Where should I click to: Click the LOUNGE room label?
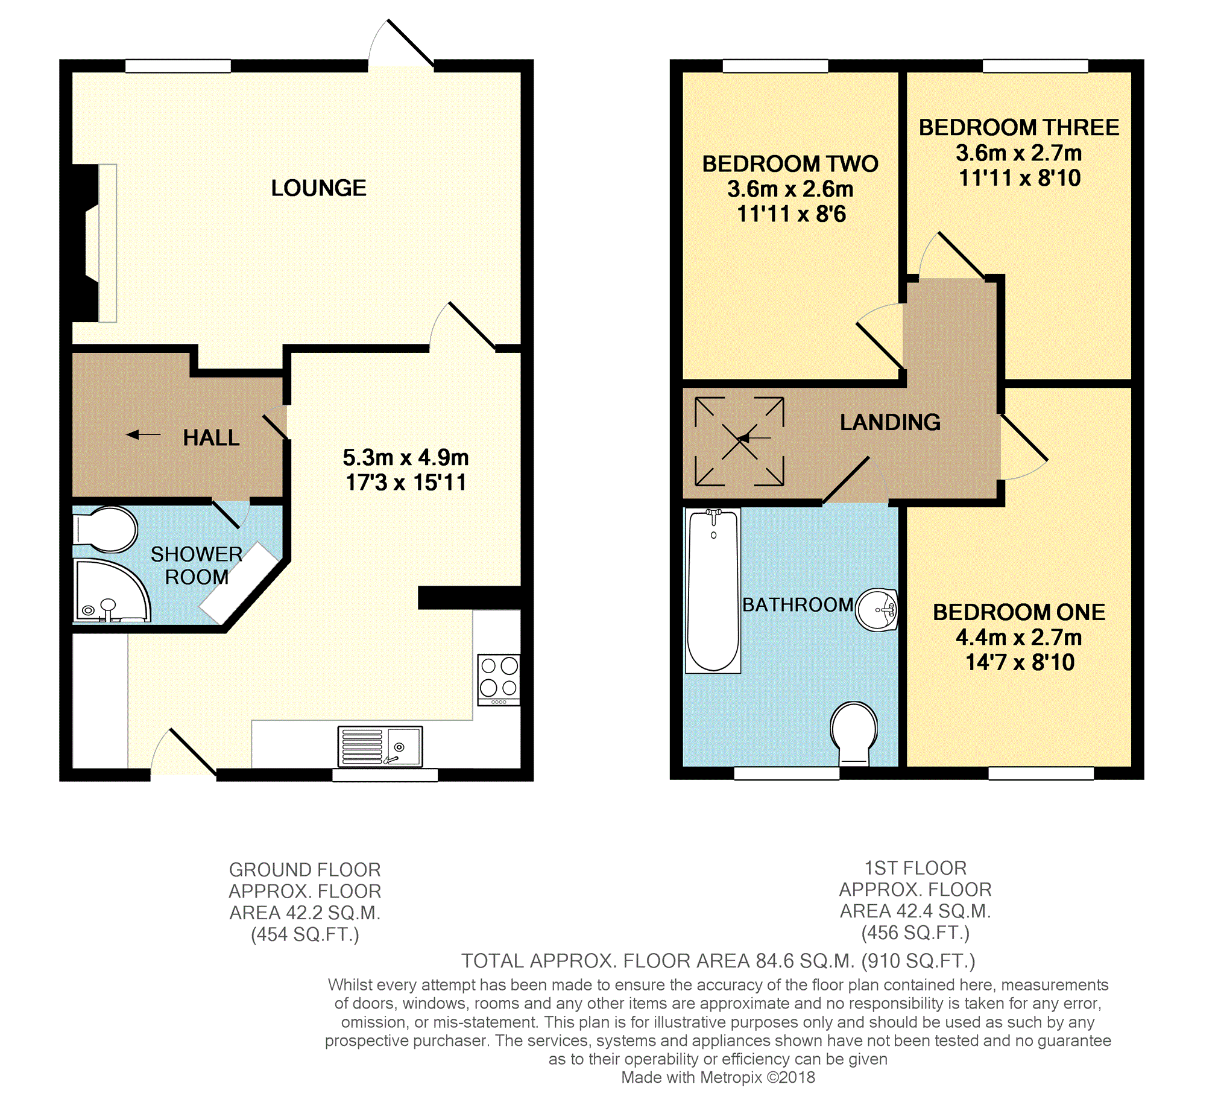[318, 188]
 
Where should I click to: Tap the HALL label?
[211, 438]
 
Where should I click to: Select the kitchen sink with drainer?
[380, 746]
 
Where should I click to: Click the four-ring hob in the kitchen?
[499, 680]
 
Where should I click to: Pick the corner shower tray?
[112, 591]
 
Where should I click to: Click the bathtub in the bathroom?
[713, 591]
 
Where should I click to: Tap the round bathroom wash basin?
[877, 610]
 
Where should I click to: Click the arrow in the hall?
[144, 434]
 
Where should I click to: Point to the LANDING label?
[890, 422]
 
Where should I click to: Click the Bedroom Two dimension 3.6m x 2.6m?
[790, 189]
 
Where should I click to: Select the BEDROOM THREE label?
[1019, 128]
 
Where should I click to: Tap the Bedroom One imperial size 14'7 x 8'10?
[1020, 662]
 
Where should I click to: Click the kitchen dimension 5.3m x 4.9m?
[406, 458]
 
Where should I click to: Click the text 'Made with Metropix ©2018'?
[718, 1077]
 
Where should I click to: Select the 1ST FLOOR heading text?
[915, 868]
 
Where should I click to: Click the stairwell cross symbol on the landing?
[739, 442]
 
